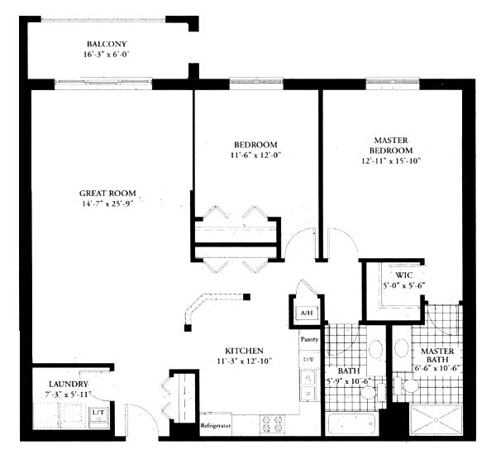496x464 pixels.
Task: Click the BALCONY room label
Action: click(x=107, y=44)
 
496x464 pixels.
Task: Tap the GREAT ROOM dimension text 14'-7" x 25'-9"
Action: click(x=107, y=203)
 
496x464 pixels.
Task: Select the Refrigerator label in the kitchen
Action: click(x=216, y=426)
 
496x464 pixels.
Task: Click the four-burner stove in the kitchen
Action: click(x=272, y=424)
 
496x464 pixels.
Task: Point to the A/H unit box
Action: click(x=307, y=313)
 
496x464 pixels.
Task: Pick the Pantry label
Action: click(x=309, y=339)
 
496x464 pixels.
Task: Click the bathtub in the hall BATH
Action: click(x=352, y=424)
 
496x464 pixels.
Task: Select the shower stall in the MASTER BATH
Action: click(x=436, y=419)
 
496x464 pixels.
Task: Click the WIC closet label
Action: click(x=404, y=275)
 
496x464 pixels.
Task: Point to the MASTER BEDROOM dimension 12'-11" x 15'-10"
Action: click(x=391, y=160)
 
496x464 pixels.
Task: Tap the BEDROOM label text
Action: click(x=255, y=145)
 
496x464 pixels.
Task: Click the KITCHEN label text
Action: click(x=244, y=351)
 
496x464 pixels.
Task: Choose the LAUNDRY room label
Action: click(x=69, y=385)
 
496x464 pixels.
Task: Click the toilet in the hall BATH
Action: click(x=372, y=392)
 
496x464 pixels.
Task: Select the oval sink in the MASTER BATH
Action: click(x=402, y=348)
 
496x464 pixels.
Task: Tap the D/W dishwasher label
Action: click(x=308, y=360)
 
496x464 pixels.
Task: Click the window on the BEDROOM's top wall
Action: click(x=256, y=82)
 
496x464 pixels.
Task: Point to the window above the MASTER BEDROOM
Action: click(x=393, y=82)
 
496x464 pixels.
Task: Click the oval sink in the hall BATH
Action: click(x=376, y=349)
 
